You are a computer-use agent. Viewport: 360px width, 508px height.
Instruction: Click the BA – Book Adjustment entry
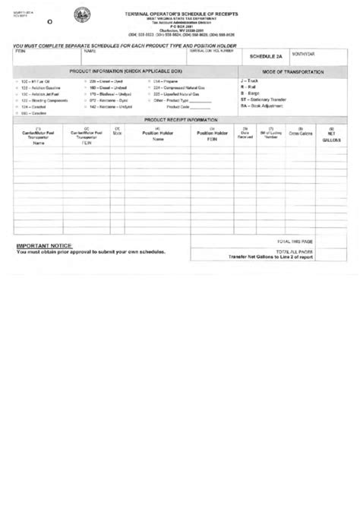(x=261, y=106)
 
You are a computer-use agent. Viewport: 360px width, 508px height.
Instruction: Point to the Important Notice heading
(x=44, y=247)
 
